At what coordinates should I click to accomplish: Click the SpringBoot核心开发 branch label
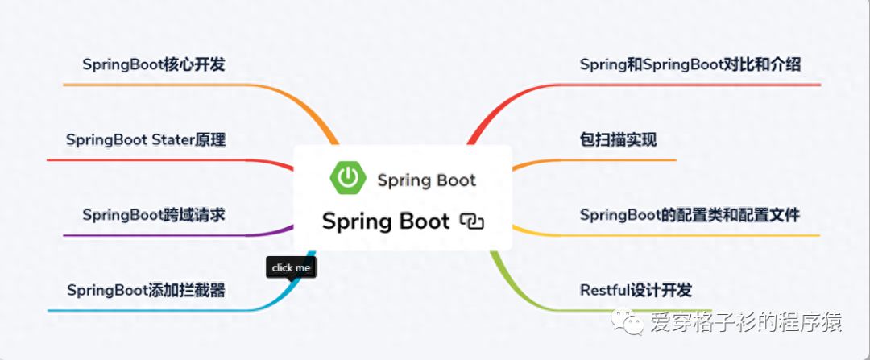[x=153, y=64]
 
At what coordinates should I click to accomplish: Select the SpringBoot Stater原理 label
[x=146, y=140]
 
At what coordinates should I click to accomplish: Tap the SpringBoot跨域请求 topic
[x=153, y=215]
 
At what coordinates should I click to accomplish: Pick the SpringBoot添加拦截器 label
[x=146, y=290]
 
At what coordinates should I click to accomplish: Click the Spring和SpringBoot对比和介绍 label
[x=690, y=64]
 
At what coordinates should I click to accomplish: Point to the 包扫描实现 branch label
[x=618, y=140]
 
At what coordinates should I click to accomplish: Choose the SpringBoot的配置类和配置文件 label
[x=690, y=215]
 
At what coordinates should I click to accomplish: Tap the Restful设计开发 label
[x=636, y=290]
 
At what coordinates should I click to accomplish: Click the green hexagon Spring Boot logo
[x=347, y=178]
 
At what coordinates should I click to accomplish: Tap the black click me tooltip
[x=291, y=268]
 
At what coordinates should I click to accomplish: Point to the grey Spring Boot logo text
[x=426, y=180]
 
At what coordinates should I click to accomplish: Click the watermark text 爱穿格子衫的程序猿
[x=746, y=324]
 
